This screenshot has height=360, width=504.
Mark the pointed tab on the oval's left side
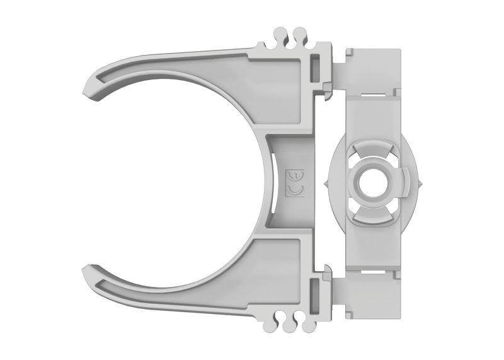point(326,183)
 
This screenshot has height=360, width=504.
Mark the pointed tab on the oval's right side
point(418,183)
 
